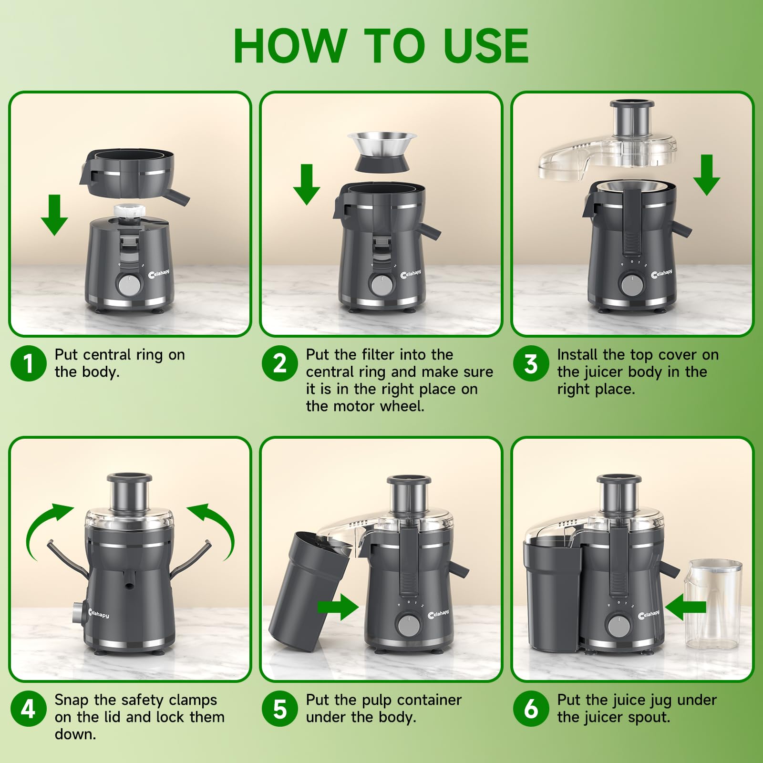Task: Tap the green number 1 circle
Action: coord(28,363)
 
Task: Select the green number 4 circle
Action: coord(28,709)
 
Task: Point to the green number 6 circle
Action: coord(531,709)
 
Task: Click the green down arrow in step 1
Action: coord(54,215)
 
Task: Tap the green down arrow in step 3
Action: coord(706,175)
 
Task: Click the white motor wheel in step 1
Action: coord(129,211)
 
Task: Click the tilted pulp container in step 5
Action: coord(311,592)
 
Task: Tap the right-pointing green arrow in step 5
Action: coord(338,607)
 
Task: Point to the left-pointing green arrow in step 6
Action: coord(685,607)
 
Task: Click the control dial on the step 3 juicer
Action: coord(632,285)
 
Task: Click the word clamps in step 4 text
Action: coord(193,700)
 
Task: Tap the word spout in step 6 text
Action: coord(649,717)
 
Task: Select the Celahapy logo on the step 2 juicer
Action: coord(411,274)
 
